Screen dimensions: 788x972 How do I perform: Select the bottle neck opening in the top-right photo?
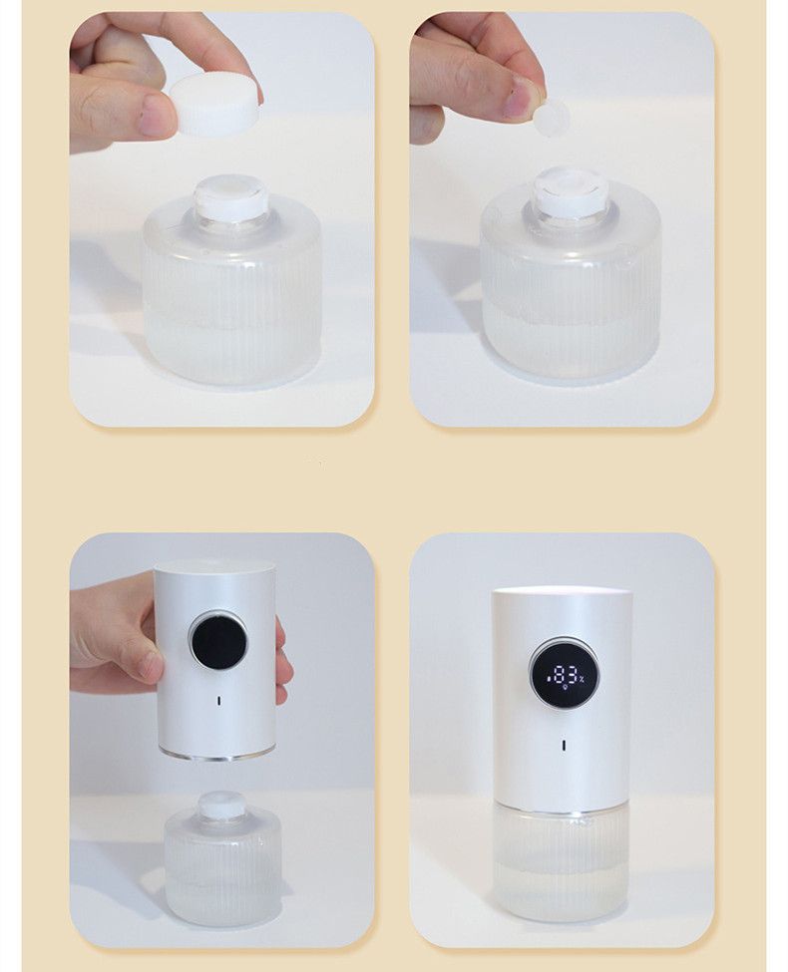570,188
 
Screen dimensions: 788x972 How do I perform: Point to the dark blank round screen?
217,642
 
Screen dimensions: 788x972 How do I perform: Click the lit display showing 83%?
565,675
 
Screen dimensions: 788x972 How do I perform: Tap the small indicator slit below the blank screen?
219,701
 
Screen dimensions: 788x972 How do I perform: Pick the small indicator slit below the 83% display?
564,745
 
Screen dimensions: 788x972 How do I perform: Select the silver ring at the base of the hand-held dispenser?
216,755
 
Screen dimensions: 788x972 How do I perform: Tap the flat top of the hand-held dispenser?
214,566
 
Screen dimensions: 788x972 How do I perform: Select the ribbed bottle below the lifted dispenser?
222,868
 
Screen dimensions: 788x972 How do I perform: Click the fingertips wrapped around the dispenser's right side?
283,663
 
